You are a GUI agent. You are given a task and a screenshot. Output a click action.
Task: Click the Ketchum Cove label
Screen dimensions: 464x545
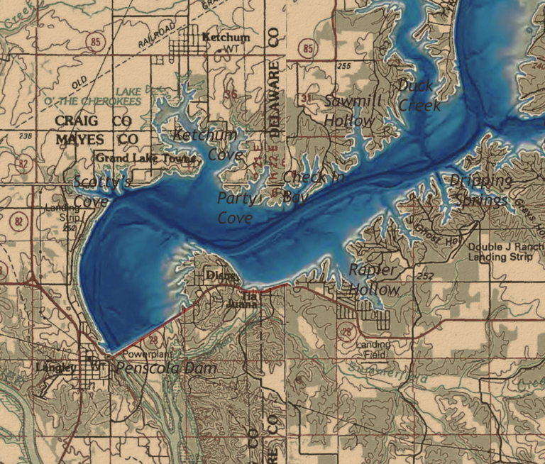point(205,144)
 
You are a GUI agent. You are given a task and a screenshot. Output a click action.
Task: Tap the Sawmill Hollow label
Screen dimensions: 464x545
point(351,111)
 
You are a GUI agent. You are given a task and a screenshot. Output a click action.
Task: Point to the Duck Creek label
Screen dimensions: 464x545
point(419,96)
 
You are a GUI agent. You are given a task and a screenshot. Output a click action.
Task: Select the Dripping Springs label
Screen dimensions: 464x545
point(480,190)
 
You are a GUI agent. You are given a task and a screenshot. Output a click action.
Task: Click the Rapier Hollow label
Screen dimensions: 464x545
point(374,280)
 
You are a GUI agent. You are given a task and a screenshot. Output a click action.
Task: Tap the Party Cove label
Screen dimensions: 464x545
point(235,208)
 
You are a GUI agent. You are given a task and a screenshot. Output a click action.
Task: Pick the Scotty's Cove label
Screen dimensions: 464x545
point(101,192)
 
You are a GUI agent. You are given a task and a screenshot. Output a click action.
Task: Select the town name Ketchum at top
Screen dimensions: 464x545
point(226,37)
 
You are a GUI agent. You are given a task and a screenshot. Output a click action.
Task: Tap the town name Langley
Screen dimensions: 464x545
point(55,368)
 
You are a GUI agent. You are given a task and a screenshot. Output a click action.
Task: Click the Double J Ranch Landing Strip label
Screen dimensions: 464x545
point(505,251)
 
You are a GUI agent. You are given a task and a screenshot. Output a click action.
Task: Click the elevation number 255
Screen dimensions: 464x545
point(345,66)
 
